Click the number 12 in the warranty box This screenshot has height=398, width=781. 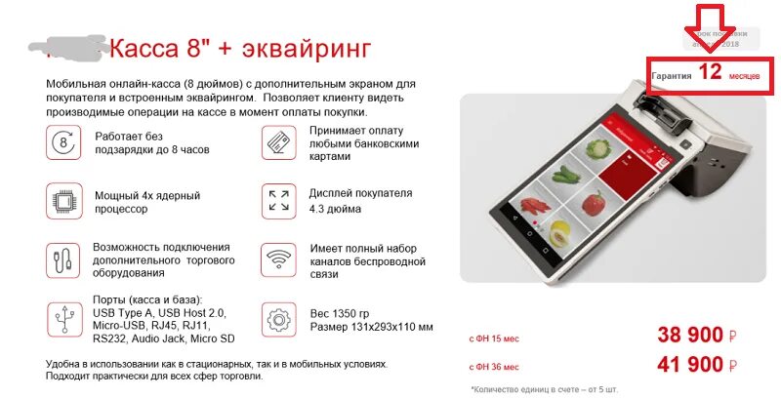pyautogui.click(x=710, y=73)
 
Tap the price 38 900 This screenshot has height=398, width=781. pyautogui.click(x=691, y=337)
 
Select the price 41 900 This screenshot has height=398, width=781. pyautogui.click(x=691, y=366)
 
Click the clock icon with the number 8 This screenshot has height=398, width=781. pyautogui.click(x=64, y=143)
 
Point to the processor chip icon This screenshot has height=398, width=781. pyautogui.click(x=64, y=201)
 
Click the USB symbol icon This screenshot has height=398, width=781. pyautogui.click(x=64, y=318)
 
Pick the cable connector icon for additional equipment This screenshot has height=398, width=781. pyautogui.click(x=64, y=259)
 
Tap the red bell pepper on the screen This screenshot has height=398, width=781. pyautogui.click(x=592, y=203)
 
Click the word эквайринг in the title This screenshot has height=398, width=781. pyautogui.click(x=294, y=48)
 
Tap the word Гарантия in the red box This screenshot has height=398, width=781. pyautogui.click(x=672, y=75)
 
